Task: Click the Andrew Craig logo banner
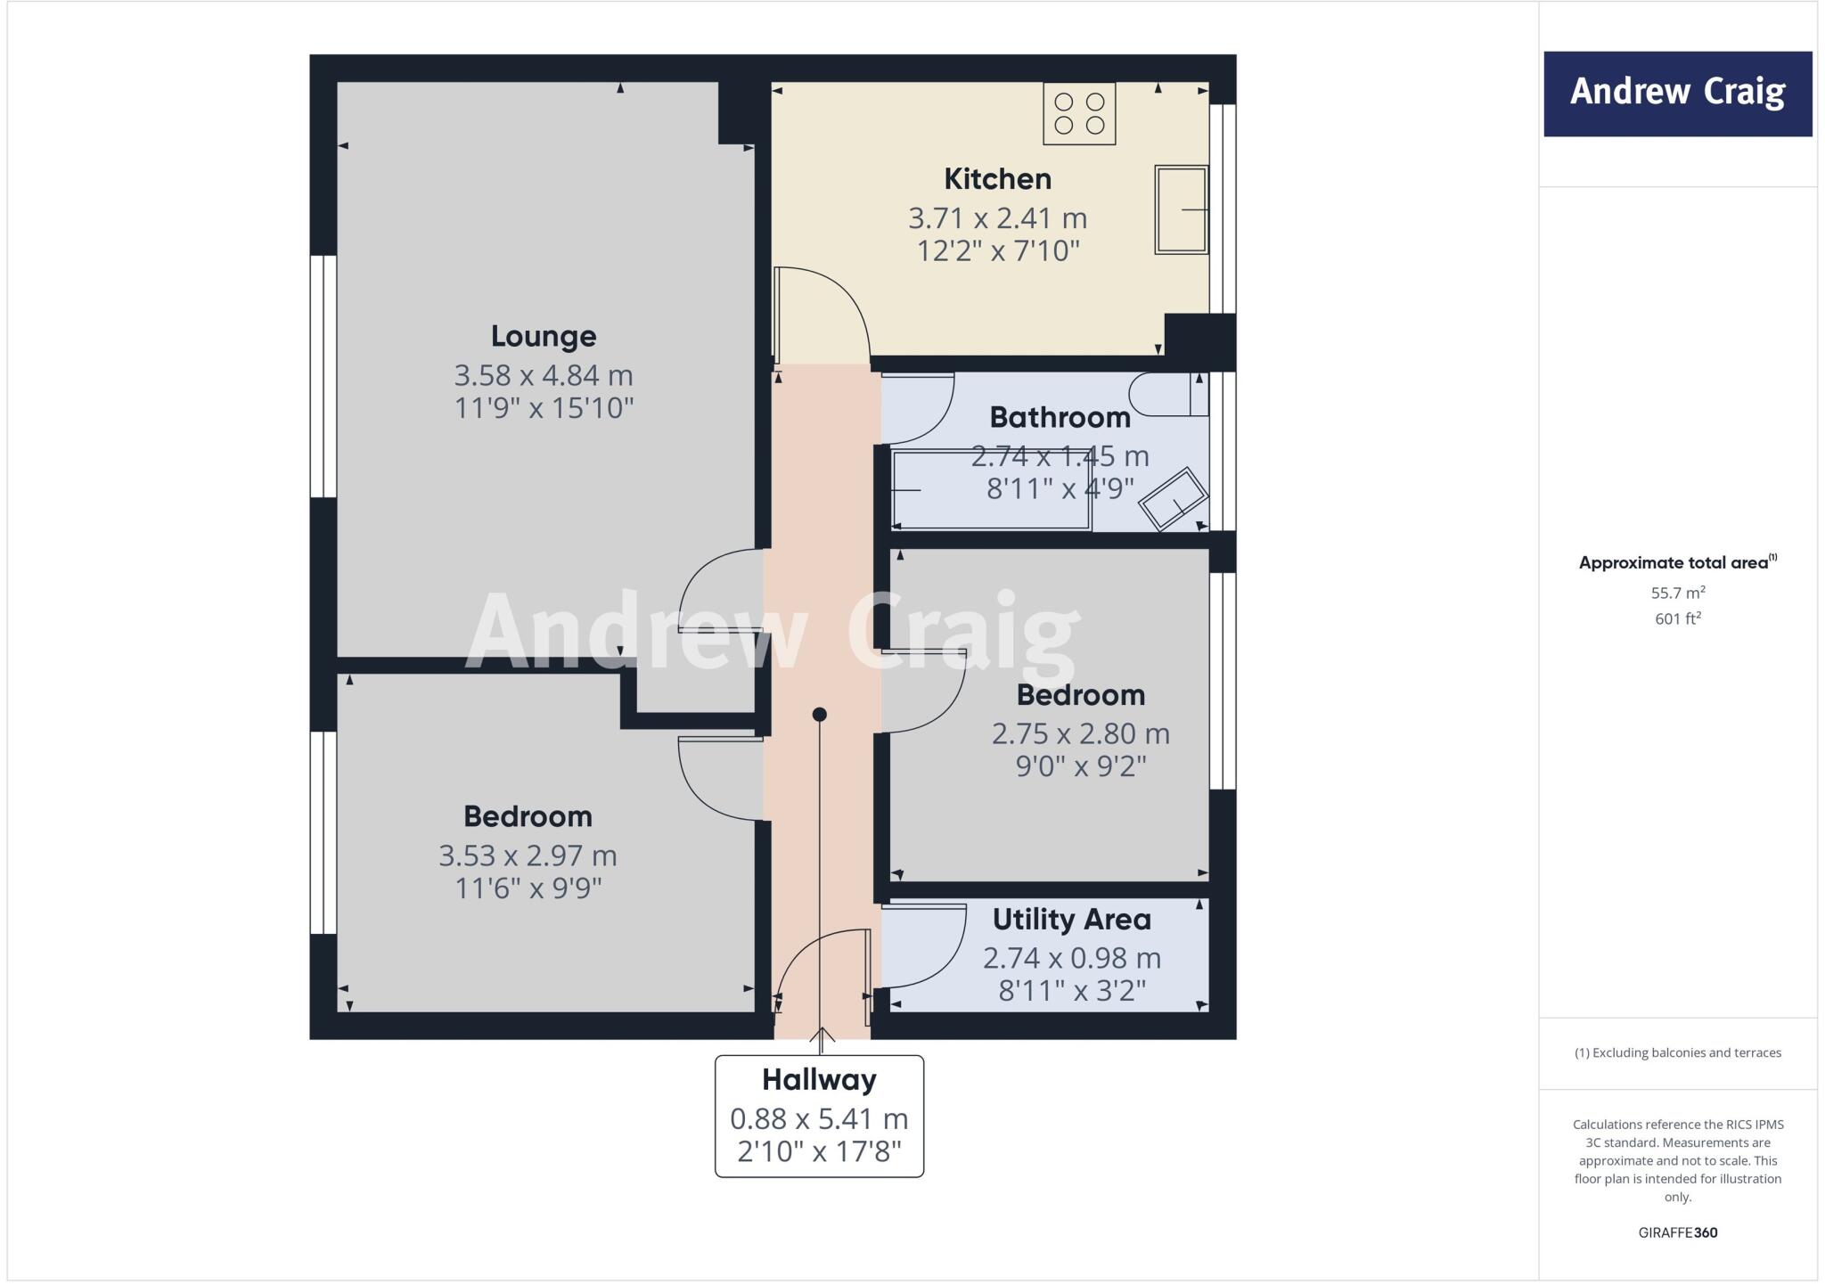1677,94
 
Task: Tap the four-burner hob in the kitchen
1079,114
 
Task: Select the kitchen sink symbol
1182,209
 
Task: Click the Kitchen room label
997,179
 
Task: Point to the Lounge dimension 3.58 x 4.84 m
544,375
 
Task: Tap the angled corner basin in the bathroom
1174,499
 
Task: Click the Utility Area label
1071,919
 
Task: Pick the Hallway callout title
819,1080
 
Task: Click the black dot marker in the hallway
820,715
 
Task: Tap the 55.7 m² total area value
1677,593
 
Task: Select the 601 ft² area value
1677,618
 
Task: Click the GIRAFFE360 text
1677,1232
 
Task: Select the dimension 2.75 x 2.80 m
1080,734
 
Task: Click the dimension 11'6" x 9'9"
528,888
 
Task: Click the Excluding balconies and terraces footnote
1677,1052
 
